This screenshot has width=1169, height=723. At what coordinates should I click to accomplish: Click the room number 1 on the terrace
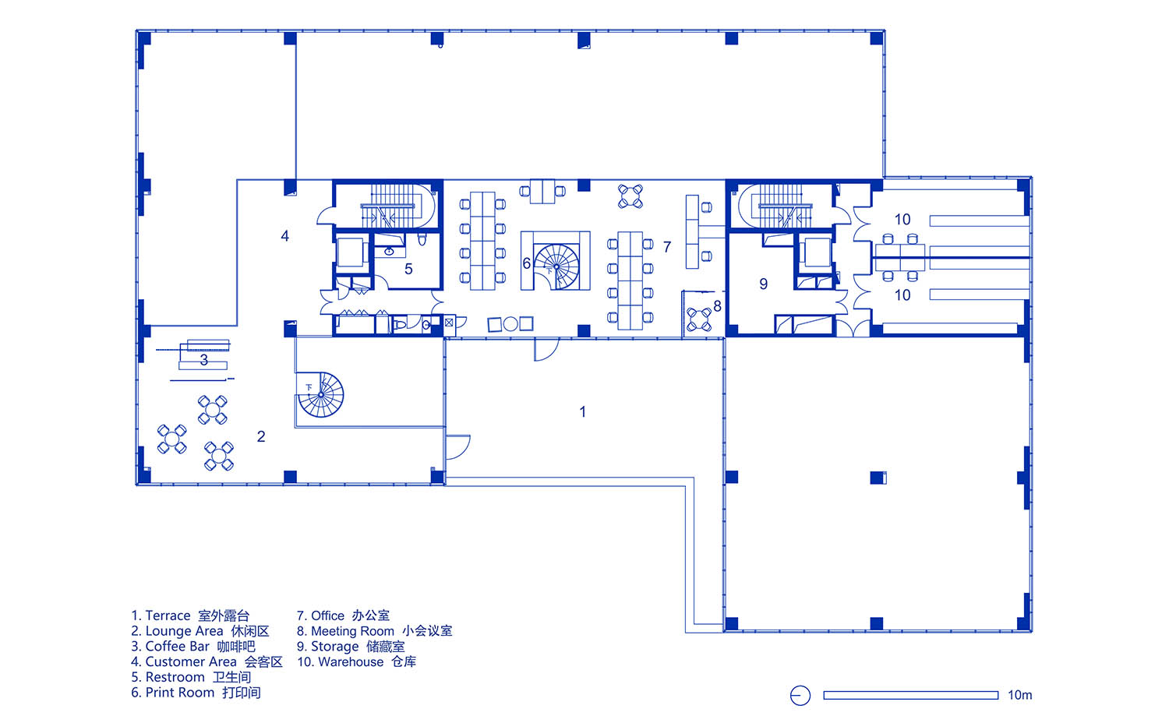pyautogui.click(x=582, y=412)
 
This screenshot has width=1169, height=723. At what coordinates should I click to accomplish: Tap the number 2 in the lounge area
pyautogui.click(x=261, y=436)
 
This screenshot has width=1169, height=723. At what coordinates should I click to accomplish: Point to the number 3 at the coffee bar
pyautogui.click(x=204, y=360)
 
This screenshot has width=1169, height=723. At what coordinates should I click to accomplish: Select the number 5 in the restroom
pyautogui.click(x=408, y=269)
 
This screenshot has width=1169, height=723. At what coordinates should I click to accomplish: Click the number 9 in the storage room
pyautogui.click(x=764, y=284)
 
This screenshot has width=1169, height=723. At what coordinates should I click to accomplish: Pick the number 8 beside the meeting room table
pyautogui.click(x=718, y=306)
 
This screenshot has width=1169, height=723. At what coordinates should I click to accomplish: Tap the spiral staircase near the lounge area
pyautogui.click(x=320, y=395)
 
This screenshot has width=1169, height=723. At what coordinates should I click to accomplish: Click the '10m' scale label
pyautogui.click(x=1019, y=696)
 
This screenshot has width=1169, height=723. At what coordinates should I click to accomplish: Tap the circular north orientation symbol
pyautogui.click(x=800, y=696)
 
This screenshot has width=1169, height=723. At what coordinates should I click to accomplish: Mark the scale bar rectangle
pyautogui.click(x=911, y=696)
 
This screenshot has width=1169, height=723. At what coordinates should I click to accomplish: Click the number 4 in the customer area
pyautogui.click(x=285, y=236)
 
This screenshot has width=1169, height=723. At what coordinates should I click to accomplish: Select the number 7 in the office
pyautogui.click(x=667, y=247)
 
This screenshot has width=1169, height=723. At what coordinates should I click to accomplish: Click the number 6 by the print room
pyautogui.click(x=527, y=264)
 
